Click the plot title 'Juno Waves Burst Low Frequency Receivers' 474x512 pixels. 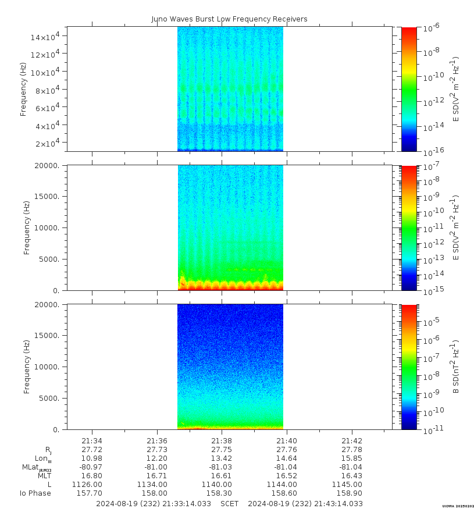coord(229,19)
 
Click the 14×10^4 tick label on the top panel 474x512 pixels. coord(48,37)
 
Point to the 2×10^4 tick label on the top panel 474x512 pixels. coord(50,143)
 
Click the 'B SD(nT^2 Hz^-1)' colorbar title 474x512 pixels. coord(456,367)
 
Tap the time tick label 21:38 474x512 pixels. coord(222,441)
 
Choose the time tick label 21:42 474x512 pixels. coord(352,441)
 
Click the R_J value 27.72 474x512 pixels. coord(92,450)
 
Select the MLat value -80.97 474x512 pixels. coord(91,467)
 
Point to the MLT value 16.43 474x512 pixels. coord(352,476)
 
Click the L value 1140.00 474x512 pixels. coord(222,485)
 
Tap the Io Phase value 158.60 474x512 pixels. coord(287,493)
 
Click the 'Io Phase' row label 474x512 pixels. coord(35,493)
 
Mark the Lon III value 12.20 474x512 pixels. coord(157,458)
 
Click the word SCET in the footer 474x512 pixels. coord(230,503)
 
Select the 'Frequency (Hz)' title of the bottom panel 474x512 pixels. coord(27,367)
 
